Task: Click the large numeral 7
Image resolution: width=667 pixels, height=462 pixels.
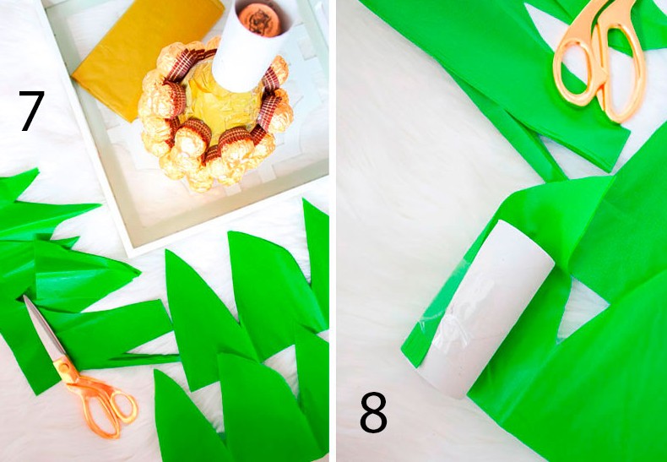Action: (32, 111)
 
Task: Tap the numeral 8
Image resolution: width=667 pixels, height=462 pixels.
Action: (373, 412)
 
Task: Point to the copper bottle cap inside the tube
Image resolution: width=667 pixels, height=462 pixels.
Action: (260, 17)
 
